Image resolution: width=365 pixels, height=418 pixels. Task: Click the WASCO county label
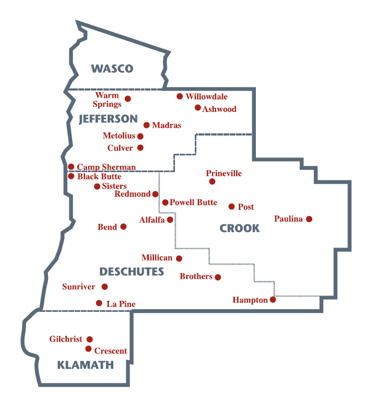(112, 69)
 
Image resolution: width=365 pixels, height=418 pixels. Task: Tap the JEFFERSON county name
(108, 119)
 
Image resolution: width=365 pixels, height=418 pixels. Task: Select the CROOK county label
(239, 228)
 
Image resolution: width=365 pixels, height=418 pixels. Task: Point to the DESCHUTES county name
(132, 272)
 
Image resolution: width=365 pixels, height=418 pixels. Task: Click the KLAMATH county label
(85, 365)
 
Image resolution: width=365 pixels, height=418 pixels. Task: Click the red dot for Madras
(147, 125)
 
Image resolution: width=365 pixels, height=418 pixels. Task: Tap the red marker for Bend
(123, 227)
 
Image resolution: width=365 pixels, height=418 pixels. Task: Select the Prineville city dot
(212, 182)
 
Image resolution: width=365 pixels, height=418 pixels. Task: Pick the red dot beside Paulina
(309, 219)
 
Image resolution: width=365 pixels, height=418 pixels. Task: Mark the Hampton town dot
(273, 300)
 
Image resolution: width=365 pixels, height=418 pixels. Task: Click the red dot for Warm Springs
(127, 98)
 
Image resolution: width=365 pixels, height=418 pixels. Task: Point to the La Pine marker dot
(99, 303)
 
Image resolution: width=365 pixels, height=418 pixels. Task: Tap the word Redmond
(132, 194)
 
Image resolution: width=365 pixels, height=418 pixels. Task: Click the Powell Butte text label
(193, 202)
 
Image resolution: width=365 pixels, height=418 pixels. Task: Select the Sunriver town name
(78, 287)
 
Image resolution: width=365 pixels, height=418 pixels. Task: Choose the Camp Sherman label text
(106, 167)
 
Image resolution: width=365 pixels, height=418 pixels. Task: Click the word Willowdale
(206, 97)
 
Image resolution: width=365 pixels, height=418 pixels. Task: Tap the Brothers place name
(196, 276)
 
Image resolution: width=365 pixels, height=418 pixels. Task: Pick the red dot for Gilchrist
(90, 339)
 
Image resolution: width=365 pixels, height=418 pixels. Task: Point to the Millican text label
(157, 258)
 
